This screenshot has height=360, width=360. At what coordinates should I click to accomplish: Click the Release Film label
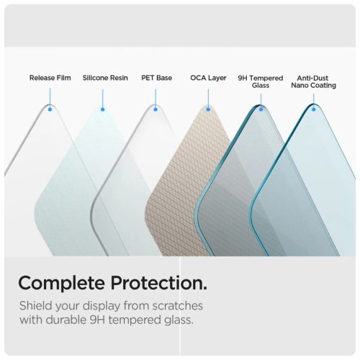tap(50, 77)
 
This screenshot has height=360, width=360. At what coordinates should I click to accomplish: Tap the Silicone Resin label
tap(105, 77)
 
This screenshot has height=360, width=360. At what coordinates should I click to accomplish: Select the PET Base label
tap(156, 77)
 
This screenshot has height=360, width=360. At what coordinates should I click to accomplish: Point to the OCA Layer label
tap(208, 77)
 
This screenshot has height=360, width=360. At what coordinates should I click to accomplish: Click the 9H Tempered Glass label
tap(260, 81)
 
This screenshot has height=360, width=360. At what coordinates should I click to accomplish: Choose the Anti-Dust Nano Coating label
tap(314, 81)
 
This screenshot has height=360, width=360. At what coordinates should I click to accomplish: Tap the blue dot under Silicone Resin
tap(103, 109)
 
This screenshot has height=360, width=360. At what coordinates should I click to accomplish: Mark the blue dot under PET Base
tap(156, 109)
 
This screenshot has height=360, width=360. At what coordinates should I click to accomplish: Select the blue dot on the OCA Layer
tap(209, 109)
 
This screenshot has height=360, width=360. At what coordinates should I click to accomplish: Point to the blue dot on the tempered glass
tap(261, 109)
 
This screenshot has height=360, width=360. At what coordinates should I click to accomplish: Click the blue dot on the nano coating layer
tap(314, 109)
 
